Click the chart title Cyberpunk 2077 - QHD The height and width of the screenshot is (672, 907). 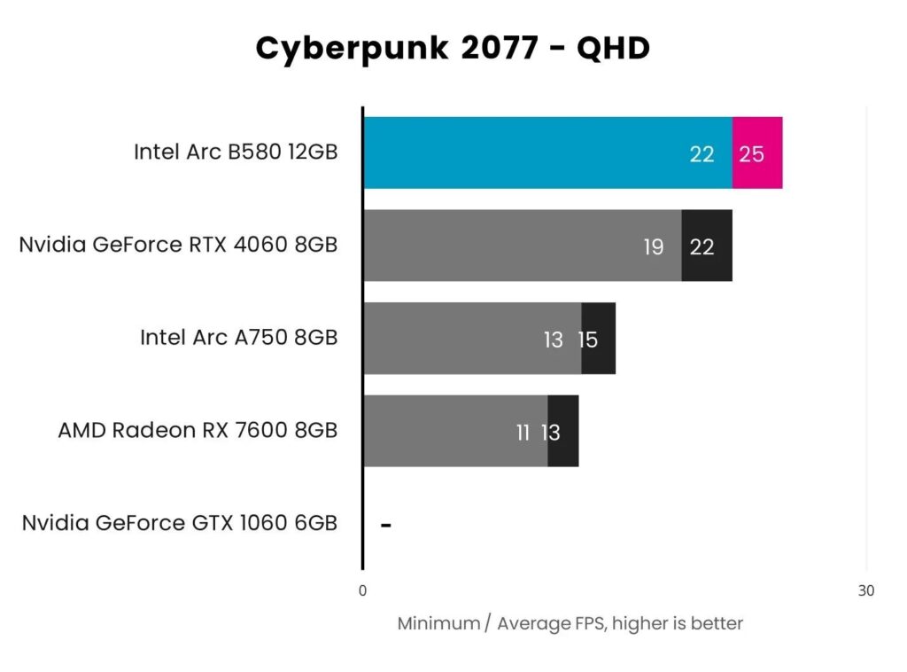click(453, 49)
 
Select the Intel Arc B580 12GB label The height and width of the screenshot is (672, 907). click(236, 152)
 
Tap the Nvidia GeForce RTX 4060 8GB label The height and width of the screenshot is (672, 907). click(178, 245)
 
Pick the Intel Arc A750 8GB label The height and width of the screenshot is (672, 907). click(238, 338)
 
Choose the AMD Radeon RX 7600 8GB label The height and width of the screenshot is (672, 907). click(198, 430)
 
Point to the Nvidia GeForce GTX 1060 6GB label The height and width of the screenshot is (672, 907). click(180, 523)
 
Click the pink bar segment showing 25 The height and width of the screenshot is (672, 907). click(757, 153)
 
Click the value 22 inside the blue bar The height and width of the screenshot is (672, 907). click(702, 154)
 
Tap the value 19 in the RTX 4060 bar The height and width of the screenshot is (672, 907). click(654, 247)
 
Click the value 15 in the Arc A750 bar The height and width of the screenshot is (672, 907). click(588, 340)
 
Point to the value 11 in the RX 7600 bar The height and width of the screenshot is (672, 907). click(523, 433)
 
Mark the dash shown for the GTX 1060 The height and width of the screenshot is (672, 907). click(386, 525)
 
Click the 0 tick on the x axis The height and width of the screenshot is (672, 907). click(362, 591)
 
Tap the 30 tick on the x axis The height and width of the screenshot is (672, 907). click(865, 591)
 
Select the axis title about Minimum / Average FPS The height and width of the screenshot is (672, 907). click(570, 623)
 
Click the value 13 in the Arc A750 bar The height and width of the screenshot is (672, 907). click(554, 340)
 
